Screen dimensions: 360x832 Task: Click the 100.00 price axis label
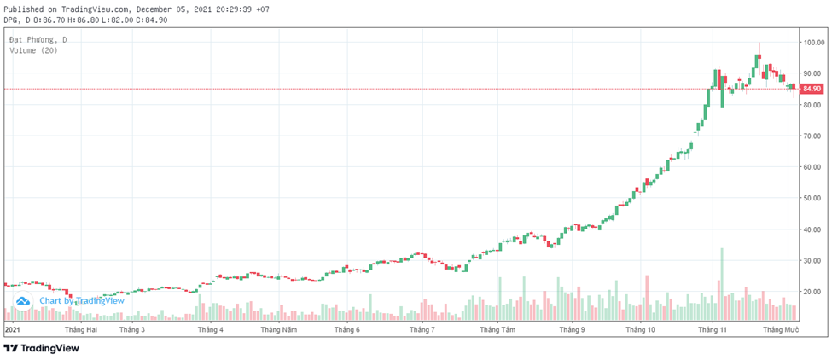tap(812, 43)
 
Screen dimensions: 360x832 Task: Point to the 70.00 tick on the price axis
tap(812, 136)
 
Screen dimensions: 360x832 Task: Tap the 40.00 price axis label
tap(812, 229)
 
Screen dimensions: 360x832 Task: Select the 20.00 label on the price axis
tap(812, 292)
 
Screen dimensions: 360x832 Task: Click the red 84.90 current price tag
tap(812, 89)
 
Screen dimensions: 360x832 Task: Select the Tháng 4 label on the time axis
tap(210, 329)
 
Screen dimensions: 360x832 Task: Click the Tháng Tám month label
tap(497, 329)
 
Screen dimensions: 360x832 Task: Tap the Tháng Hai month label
tap(80, 329)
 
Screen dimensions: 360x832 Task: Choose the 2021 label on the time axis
tap(12, 329)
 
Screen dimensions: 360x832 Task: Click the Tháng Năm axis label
tap(279, 329)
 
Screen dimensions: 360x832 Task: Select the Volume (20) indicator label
tap(33, 51)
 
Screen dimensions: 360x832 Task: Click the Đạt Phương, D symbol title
tap(38, 40)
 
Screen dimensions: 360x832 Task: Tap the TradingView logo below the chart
tap(42, 348)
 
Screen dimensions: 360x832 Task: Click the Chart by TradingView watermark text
tap(81, 300)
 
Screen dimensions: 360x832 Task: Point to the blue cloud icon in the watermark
tap(23, 300)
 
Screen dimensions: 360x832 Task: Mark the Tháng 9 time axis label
tap(571, 329)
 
